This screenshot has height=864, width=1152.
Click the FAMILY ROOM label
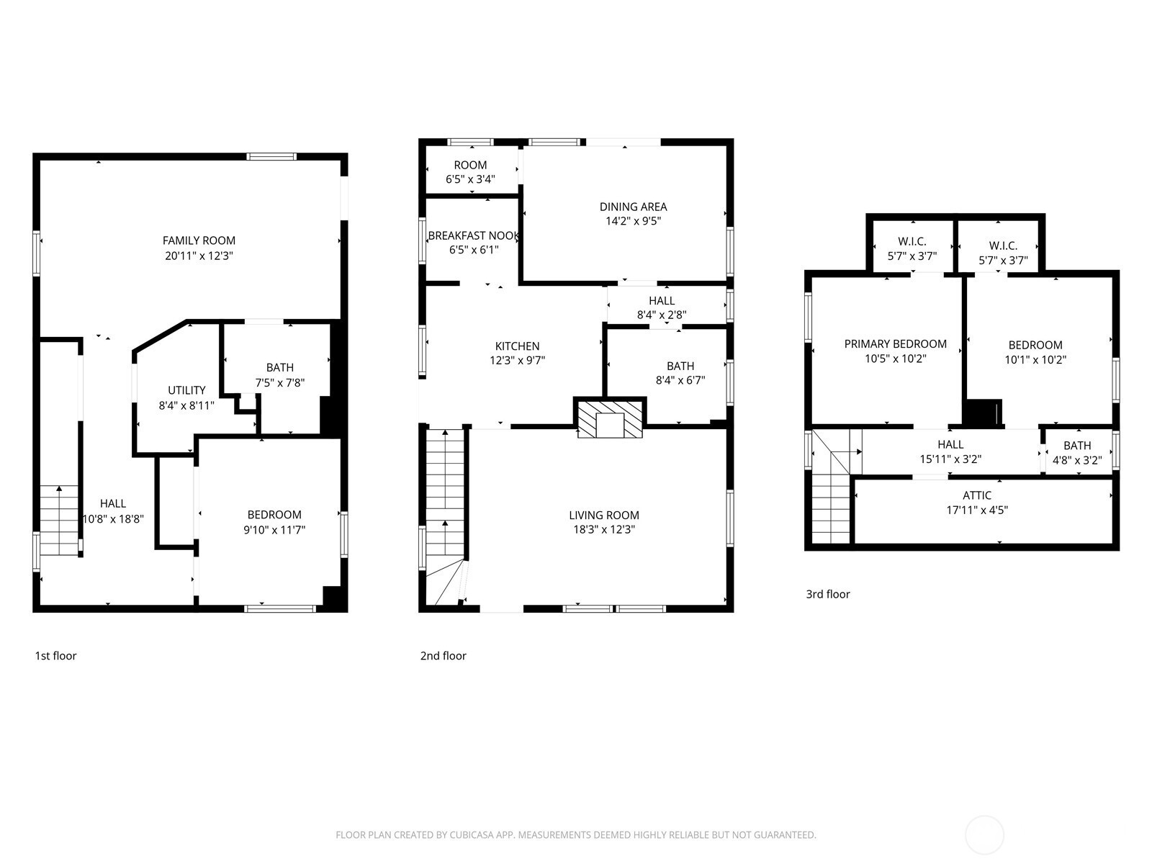199,240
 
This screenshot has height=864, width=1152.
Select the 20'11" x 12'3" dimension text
199,256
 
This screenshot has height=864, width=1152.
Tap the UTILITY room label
186,390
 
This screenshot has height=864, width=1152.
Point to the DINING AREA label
633,207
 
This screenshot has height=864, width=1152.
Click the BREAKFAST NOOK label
473,235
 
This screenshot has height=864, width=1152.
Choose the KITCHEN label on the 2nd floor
517,346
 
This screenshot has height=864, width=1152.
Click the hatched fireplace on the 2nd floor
609,419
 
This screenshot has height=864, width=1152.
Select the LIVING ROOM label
603,515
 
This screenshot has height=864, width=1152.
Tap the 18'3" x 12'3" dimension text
603,530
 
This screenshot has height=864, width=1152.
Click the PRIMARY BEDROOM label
896,344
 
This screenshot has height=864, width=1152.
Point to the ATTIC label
977,495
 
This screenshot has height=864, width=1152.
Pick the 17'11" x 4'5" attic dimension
977,510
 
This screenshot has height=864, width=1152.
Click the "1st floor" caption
55,656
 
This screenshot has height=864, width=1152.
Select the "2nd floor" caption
443,656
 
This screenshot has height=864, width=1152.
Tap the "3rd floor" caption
828,595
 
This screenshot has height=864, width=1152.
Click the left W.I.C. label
912,242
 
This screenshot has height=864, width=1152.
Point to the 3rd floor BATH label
1077,446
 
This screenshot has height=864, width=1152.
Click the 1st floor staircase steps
59,521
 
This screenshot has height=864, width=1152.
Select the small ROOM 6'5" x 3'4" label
470,172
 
